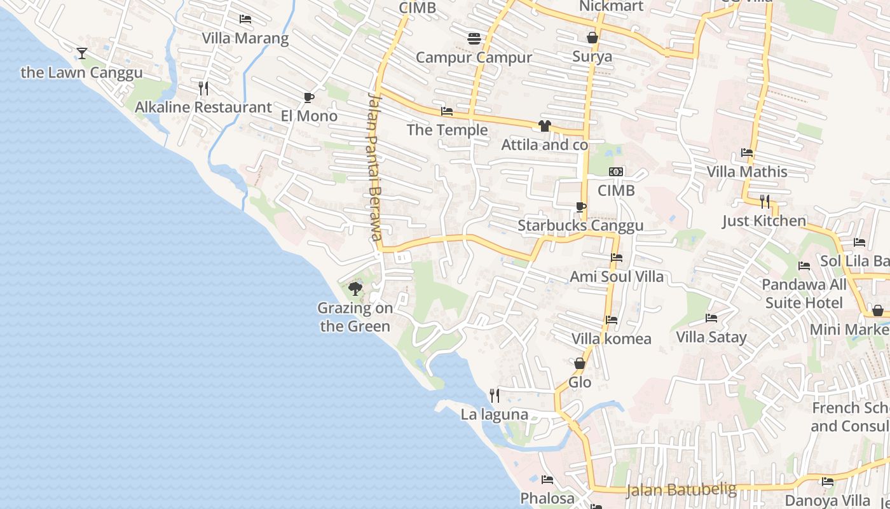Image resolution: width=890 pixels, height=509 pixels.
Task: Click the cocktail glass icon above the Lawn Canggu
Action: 82,53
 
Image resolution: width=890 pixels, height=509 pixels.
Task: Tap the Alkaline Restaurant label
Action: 203,107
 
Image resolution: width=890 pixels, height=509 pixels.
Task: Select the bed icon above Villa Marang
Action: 245,19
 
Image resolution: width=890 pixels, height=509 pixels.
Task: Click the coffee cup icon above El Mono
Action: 309,97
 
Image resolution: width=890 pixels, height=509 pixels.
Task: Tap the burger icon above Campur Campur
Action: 474,39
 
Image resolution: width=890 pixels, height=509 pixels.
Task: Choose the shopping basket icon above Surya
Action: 592,38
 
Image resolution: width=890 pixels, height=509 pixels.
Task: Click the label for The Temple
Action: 447,130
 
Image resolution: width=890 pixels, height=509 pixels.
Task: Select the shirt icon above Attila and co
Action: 545,126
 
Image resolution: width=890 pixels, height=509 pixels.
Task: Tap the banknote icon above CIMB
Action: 616,172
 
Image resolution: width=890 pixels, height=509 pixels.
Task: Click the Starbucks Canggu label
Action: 580,225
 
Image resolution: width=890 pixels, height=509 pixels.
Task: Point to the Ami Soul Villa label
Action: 617,276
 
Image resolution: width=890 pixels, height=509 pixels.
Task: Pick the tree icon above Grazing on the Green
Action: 355,289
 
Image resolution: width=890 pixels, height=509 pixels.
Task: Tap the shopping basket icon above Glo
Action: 580,363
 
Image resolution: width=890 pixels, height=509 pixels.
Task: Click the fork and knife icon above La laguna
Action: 495,396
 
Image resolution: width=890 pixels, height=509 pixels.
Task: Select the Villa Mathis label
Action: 747,172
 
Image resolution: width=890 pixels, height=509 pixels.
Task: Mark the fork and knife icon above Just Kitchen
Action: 765,202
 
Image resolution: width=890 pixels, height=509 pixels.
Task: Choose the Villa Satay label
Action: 711,337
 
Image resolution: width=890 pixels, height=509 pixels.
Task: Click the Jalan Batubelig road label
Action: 681,490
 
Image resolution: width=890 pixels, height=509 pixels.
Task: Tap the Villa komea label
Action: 612,338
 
